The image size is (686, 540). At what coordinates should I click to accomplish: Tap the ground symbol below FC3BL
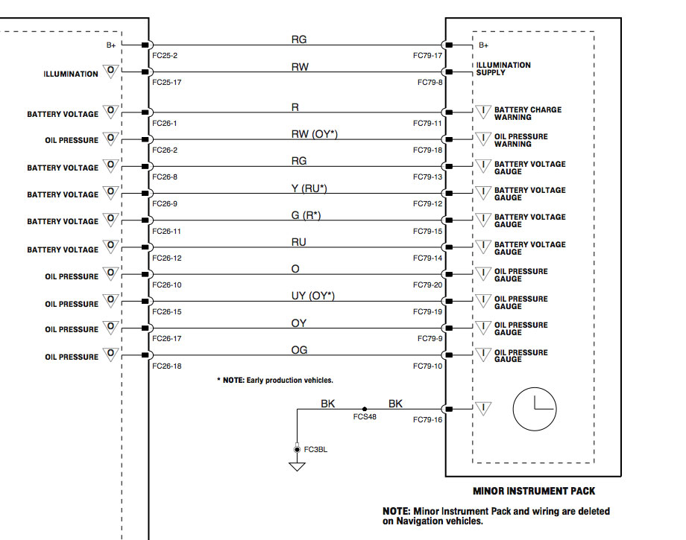tap(297, 466)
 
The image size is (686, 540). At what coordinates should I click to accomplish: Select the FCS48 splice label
tap(365, 417)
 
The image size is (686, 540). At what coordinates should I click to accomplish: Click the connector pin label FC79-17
tap(428, 56)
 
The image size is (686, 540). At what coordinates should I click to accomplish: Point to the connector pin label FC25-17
tap(166, 83)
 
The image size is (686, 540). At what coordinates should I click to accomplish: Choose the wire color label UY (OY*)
tap(312, 296)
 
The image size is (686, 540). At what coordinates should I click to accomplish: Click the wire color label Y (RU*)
tap(309, 188)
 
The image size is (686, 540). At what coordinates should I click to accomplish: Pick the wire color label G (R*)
tap(306, 215)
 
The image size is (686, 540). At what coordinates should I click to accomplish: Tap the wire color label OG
tap(299, 350)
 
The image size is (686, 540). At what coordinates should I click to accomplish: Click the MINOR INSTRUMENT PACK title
tap(534, 492)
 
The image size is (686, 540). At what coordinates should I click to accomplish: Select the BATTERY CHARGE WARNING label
tap(527, 113)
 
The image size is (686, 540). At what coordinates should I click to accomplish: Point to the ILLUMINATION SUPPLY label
tap(503, 69)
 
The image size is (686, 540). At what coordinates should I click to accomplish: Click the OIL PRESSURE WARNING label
tap(520, 140)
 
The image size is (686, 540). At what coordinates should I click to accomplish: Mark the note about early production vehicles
tap(275, 381)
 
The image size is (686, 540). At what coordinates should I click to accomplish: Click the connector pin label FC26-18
tap(166, 366)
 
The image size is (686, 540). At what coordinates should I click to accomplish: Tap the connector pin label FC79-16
tap(428, 420)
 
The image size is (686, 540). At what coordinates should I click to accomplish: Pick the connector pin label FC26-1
tap(164, 123)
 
